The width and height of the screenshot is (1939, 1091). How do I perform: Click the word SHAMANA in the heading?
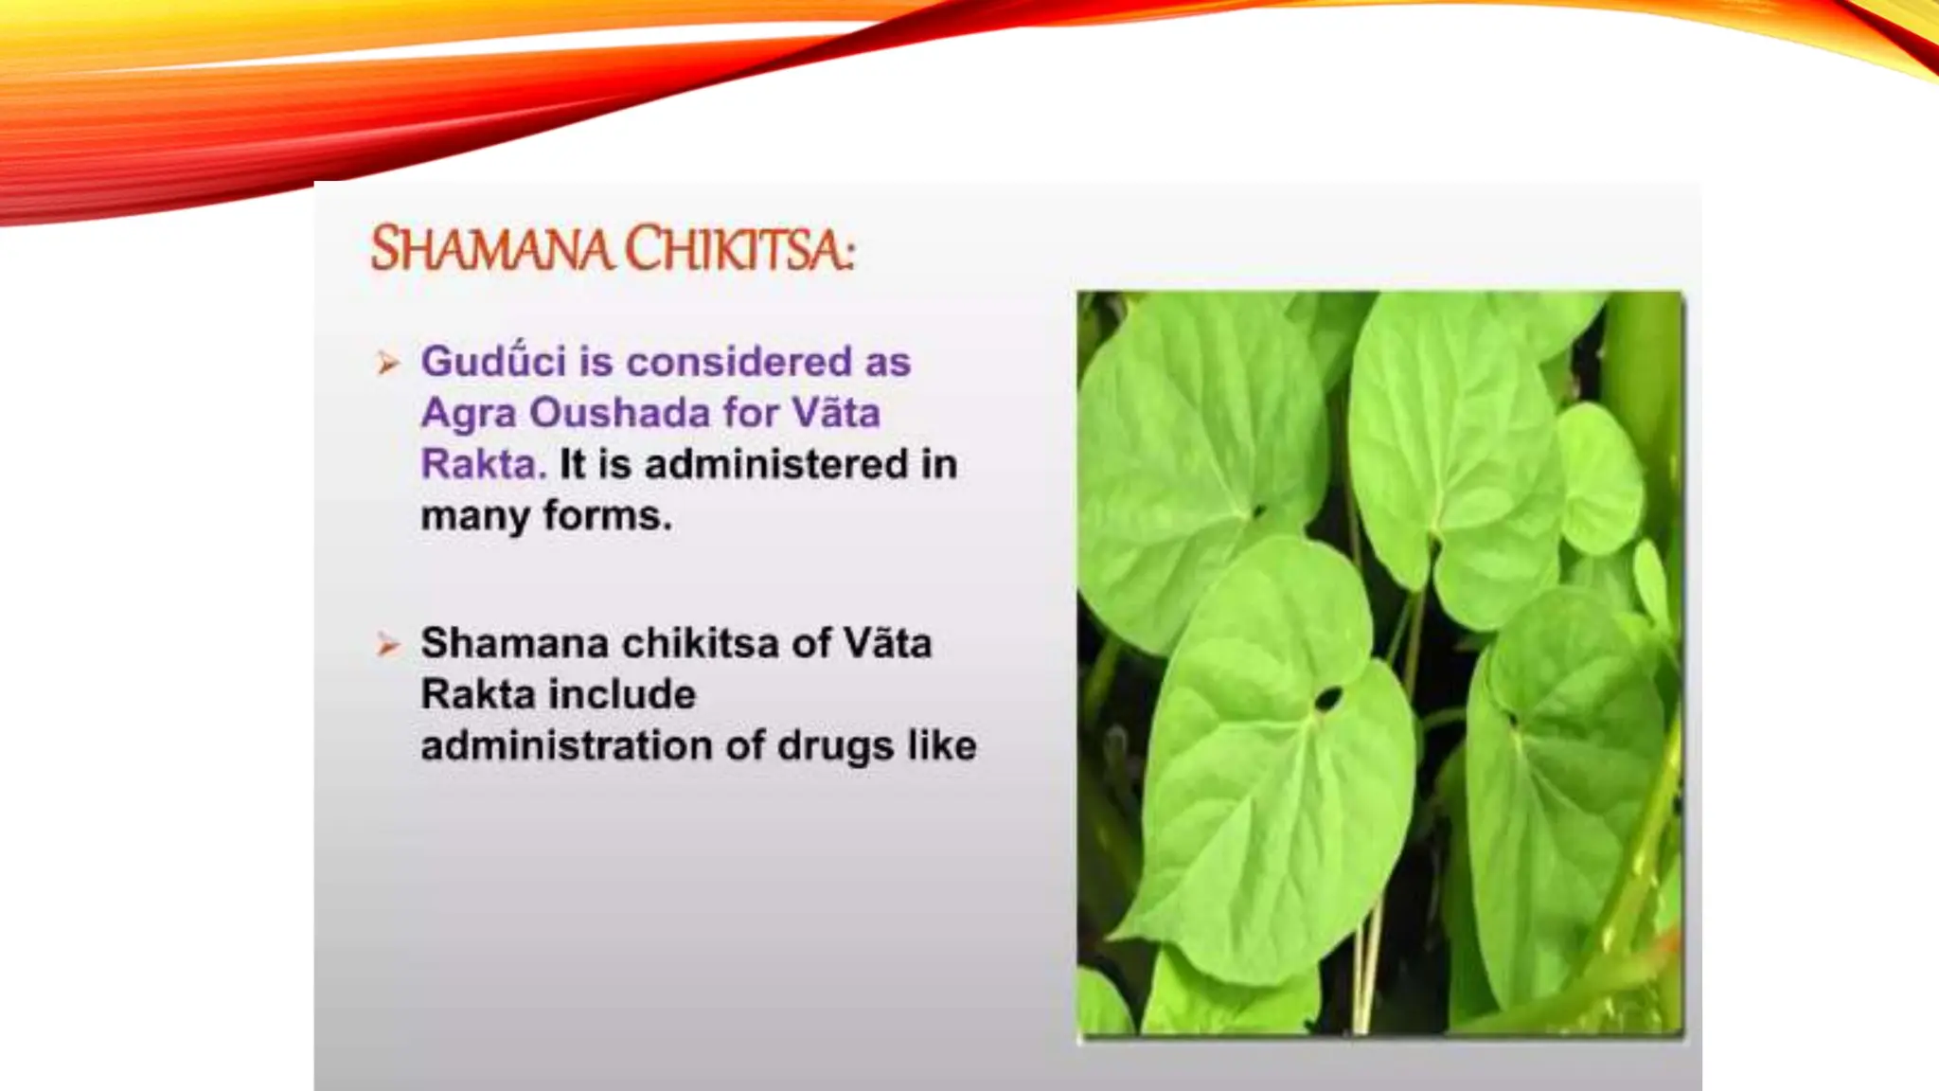tap(491, 250)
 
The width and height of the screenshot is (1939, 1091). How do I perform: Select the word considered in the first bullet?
tap(739, 362)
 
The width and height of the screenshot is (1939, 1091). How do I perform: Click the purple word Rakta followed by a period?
tap(484, 464)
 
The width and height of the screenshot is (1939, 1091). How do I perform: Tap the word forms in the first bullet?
tap(607, 516)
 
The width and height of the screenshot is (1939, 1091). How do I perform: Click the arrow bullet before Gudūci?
tap(387, 363)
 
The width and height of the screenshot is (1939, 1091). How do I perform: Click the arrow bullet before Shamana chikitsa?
tap(387, 645)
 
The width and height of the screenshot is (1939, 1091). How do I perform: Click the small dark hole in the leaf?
tap(1326, 700)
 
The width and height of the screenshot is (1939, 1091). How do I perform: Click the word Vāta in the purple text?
tap(836, 413)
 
